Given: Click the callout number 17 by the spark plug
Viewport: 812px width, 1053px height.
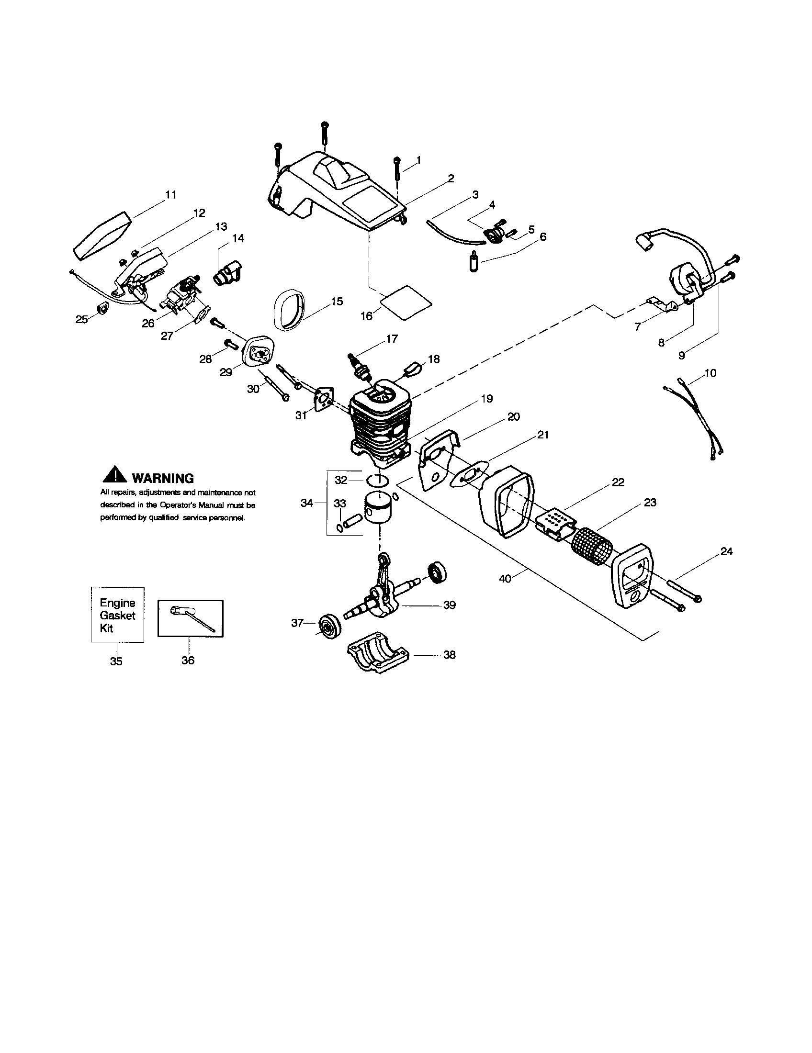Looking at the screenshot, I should click(x=392, y=339).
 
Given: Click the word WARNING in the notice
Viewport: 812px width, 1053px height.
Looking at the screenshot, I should click(x=162, y=478).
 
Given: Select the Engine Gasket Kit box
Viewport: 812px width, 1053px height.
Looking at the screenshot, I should click(x=117, y=615).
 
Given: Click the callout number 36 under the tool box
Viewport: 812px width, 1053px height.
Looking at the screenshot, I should click(x=188, y=660).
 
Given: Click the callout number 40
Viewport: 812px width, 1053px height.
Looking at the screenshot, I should click(x=505, y=579).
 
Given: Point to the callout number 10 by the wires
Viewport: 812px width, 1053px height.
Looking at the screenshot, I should click(x=710, y=373).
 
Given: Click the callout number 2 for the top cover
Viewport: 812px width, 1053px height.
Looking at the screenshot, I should click(x=451, y=179).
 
